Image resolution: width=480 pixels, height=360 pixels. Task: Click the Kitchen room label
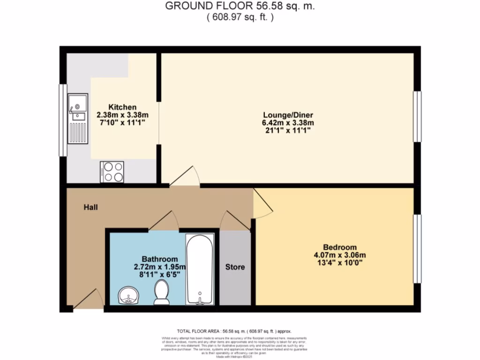tap(122, 107)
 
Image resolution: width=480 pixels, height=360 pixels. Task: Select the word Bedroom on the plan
tap(339, 247)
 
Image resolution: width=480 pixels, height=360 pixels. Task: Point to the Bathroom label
tap(160, 259)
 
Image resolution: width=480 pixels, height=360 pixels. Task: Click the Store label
tap(235, 267)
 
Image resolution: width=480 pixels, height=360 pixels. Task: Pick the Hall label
tap(91, 207)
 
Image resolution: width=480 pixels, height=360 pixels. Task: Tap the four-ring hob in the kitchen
tap(112, 171)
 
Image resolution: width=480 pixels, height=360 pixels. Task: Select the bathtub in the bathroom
tap(200, 269)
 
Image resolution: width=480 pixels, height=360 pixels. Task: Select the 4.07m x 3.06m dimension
tap(339, 255)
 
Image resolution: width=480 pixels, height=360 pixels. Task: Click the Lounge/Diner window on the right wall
tap(417, 116)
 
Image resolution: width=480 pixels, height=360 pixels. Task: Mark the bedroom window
tap(417, 248)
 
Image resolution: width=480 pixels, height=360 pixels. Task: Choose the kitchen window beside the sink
tap(62, 120)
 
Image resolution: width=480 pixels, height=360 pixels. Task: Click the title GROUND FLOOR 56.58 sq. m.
tap(240, 7)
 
